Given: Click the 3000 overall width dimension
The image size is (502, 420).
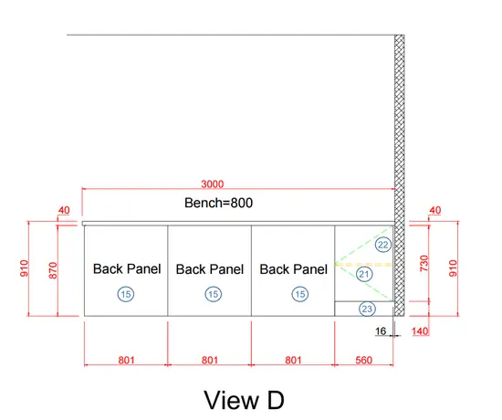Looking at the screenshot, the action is [213, 184].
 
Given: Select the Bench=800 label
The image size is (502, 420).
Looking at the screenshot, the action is [219, 203].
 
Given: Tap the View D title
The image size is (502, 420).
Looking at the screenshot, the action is [244, 400].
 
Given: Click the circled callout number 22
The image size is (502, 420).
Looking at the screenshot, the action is [383, 245].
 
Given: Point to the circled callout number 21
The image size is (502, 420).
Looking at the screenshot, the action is [364, 274].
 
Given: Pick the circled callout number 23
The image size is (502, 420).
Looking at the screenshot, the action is [367, 309].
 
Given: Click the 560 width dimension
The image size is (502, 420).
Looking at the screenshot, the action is [363, 360].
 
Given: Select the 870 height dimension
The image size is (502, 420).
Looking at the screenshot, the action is [53, 270].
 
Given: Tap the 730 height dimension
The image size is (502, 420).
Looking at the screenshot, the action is [424, 263].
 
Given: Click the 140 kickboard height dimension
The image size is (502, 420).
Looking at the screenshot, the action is [420, 331].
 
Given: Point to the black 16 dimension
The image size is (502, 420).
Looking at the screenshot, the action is [381, 331].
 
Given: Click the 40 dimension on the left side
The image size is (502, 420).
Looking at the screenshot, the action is [64, 211].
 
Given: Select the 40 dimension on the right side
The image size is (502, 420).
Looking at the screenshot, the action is [434, 211].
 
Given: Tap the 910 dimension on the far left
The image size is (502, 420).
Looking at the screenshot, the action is [24, 268].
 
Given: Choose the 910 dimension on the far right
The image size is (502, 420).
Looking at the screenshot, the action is [453, 268].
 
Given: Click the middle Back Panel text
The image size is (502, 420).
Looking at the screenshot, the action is [210, 269].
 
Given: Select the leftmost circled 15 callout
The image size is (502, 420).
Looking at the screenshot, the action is [126, 294].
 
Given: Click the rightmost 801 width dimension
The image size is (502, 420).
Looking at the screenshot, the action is [293, 360].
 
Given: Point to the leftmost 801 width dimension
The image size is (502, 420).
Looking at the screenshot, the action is [126, 360].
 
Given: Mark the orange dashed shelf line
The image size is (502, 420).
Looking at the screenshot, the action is [364, 265].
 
